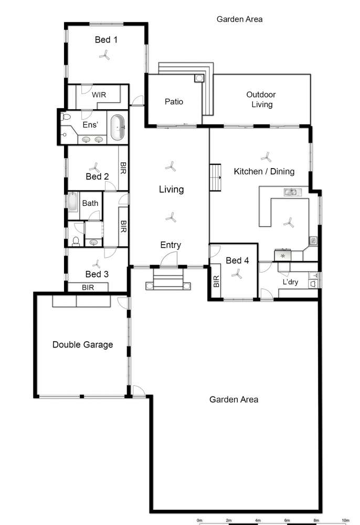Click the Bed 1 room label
point(106,39)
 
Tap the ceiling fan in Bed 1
point(105,55)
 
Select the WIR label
point(100,95)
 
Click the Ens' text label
point(90,125)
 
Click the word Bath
point(90,203)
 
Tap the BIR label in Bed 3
point(88,287)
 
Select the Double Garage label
point(82,345)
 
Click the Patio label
point(174,101)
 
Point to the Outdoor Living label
point(261,100)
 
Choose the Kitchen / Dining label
point(264,171)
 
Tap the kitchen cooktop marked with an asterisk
point(283,255)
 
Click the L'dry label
point(290,282)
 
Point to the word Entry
point(171,245)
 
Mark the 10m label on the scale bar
point(345,520)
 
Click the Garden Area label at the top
point(239,19)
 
